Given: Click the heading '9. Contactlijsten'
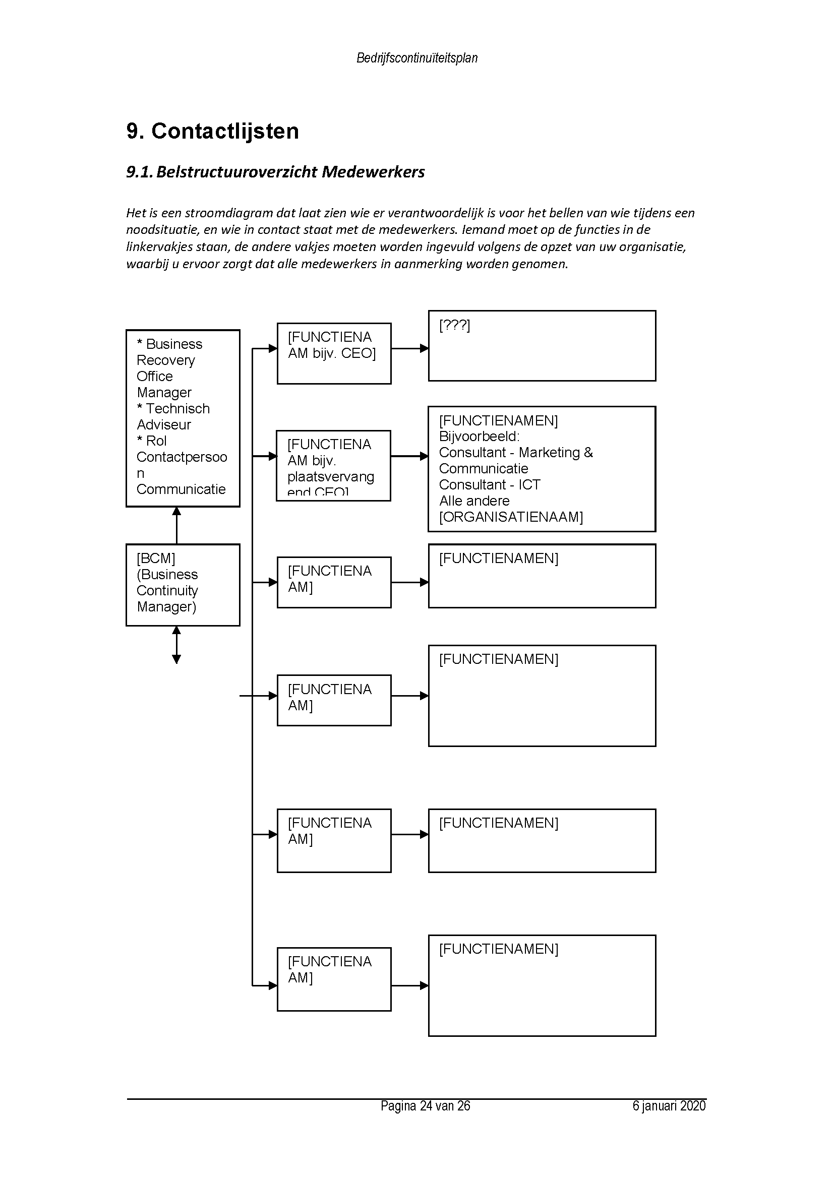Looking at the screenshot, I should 212,132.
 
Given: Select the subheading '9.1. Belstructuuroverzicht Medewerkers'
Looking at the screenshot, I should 275,172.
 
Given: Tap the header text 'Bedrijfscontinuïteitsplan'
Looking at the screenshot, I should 416,58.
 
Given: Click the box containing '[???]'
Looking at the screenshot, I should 542,346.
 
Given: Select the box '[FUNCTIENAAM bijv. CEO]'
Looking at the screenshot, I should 334,353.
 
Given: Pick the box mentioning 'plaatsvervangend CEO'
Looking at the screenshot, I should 333,466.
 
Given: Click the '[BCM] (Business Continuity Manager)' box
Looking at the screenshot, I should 183,584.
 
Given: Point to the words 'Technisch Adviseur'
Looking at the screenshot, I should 173,416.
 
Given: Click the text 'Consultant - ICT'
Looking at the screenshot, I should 490,485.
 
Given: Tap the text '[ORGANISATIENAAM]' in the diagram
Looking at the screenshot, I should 511,517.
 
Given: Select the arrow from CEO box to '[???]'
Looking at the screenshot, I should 409,348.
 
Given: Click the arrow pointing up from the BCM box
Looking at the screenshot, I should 176,525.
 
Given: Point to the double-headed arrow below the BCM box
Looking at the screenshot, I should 176,645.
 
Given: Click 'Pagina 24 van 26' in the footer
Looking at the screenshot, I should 425,1105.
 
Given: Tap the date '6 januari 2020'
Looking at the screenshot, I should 669,1105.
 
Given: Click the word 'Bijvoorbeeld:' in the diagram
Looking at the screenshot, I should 479,437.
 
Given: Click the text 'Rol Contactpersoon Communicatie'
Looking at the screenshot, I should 182,465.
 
